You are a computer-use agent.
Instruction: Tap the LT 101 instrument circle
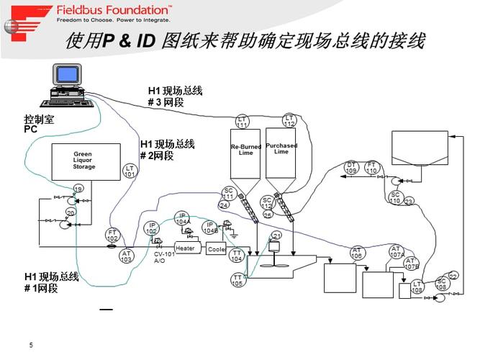[130, 171]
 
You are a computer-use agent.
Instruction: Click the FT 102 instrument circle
[112, 235]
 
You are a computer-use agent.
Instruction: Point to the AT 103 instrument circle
[127, 256]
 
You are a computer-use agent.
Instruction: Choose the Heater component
[186, 248]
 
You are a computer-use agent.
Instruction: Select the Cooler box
[217, 249]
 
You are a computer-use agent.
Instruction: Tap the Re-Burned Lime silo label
[246, 149]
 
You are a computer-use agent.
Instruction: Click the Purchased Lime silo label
[281, 148]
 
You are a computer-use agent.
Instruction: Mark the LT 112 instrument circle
[289, 121]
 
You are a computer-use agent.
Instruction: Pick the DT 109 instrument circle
[351, 168]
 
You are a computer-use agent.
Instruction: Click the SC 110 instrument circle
[395, 197]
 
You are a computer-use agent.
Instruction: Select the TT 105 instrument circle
[237, 280]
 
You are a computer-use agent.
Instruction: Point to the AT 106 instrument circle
[357, 253]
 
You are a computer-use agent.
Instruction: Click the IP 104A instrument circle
[183, 218]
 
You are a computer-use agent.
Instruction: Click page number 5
[31, 345]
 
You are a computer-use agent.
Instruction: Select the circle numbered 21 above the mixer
[276, 236]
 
